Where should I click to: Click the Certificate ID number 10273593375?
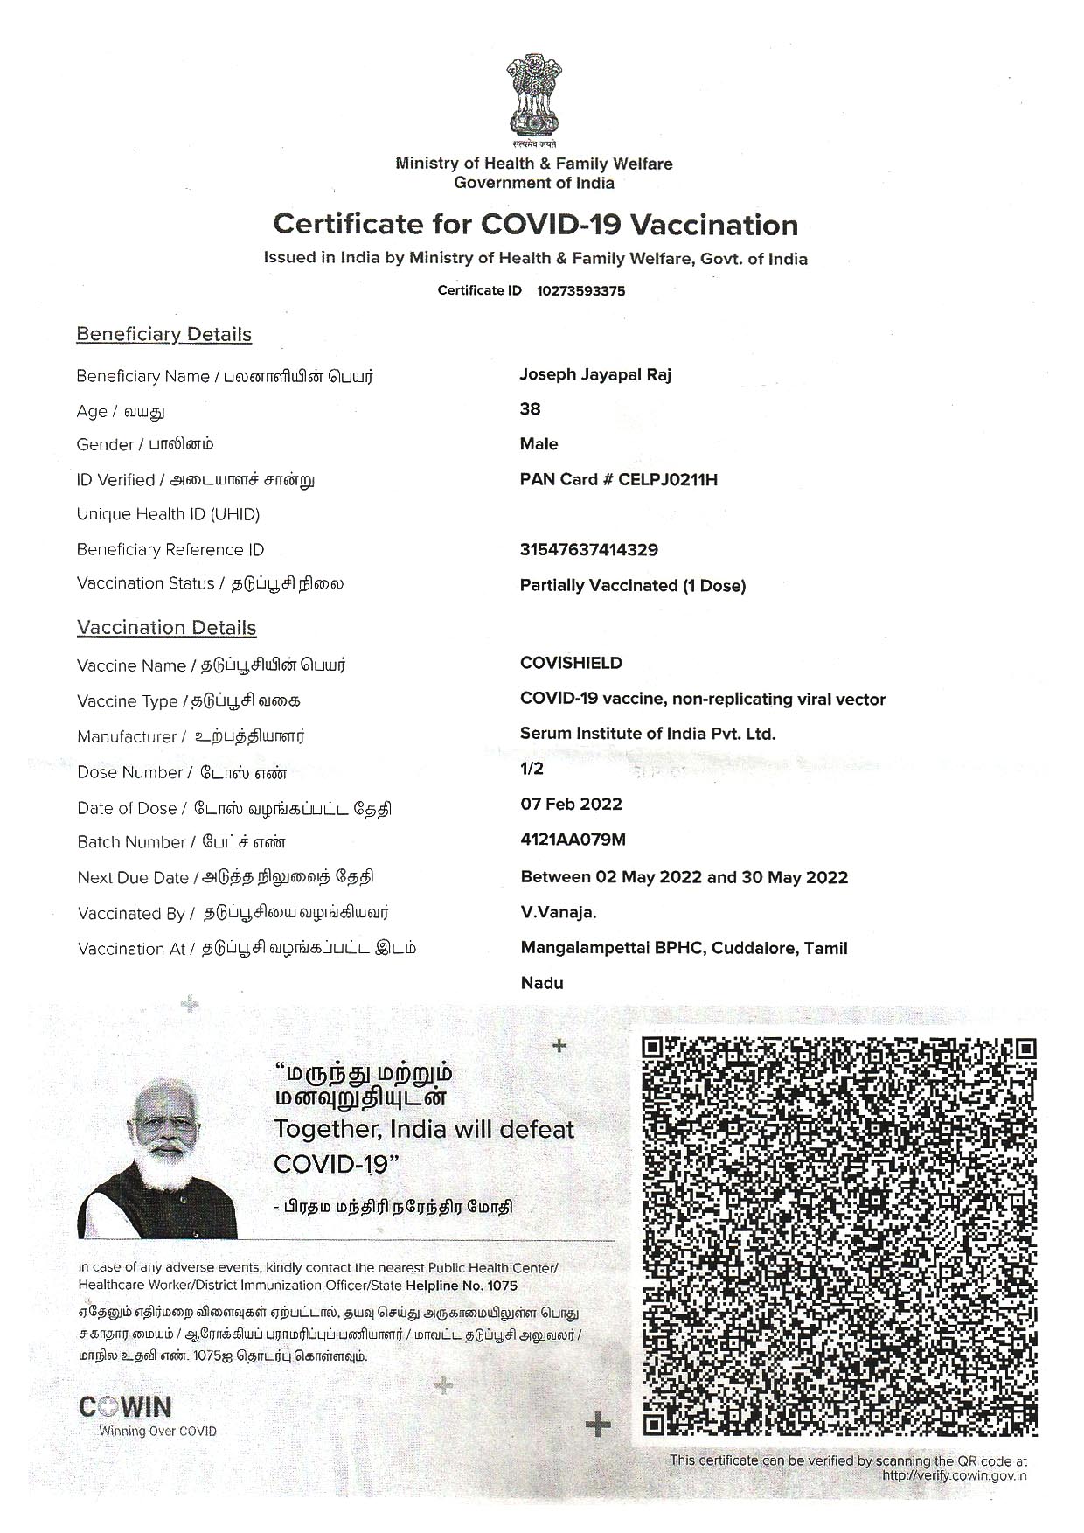click(580, 291)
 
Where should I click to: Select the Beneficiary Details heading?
click(163, 335)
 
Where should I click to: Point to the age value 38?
click(530, 409)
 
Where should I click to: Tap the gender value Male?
click(539, 444)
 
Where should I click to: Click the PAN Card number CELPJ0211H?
click(667, 480)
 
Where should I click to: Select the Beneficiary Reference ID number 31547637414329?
click(588, 550)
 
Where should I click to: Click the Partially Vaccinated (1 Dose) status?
click(632, 586)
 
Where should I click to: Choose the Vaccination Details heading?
click(166, 628)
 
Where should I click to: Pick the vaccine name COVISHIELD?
click(571, 663)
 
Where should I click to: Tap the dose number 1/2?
click(532, 769)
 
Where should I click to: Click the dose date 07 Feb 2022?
click(571, 805)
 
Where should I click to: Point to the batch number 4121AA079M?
click(573, 840)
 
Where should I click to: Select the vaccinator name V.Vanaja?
click(559, 913)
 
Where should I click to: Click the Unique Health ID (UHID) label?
click(168, 514)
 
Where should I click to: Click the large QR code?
click(838, 1236)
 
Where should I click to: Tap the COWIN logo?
click(125, 1407)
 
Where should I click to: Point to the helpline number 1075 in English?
click(502, 1286)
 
